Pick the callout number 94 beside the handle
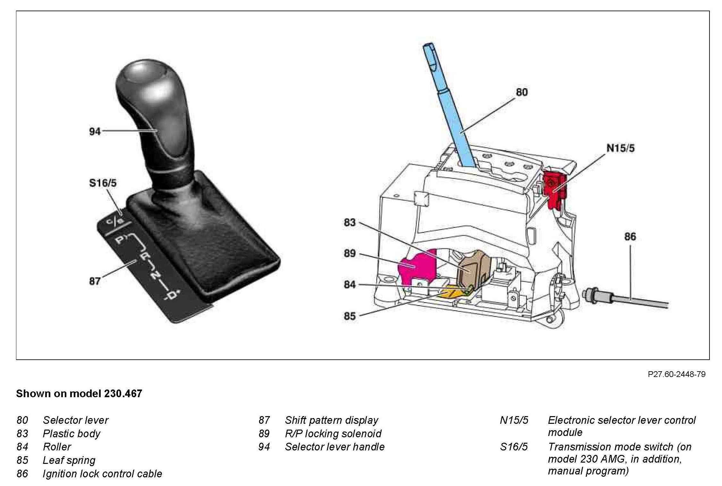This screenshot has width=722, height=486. pos(95,131)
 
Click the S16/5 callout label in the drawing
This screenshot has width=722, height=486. pos(103,183)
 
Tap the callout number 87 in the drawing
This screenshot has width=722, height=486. pos(95,281)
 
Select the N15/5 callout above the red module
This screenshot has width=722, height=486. pos(620,148)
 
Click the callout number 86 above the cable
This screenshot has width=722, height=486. pos(630,237)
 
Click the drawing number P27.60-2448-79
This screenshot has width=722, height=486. pos(676,374)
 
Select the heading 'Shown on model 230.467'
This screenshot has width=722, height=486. pos(79,393)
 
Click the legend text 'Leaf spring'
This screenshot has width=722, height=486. pos(69,460)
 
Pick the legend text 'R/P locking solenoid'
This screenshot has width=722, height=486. pos(333,433)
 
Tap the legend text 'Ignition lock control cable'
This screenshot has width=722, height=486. pos(102,473)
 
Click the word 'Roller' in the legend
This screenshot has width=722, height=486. pos(57,447)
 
